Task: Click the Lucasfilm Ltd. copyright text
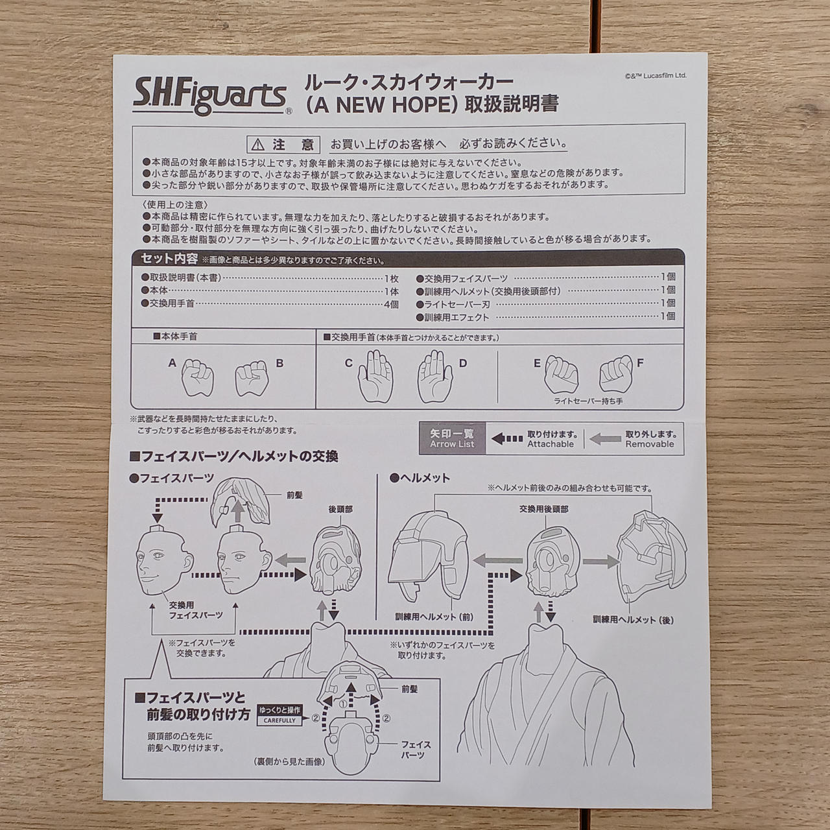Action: point(655,76)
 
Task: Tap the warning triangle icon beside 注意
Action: point(257,145)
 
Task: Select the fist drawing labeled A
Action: point(198,377)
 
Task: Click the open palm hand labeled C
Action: point(375,375)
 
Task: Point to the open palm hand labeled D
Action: point(435,375)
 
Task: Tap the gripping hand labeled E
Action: point(562,374)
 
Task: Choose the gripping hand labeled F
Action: point(617,373)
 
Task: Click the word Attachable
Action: point(551,444)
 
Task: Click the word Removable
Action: point(650,444)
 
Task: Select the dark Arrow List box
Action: point(452,438)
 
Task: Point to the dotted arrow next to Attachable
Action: point(507,439)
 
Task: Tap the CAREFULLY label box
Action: point(279,720)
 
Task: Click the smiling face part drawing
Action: point(164,561)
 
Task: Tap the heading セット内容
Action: point(169,259)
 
